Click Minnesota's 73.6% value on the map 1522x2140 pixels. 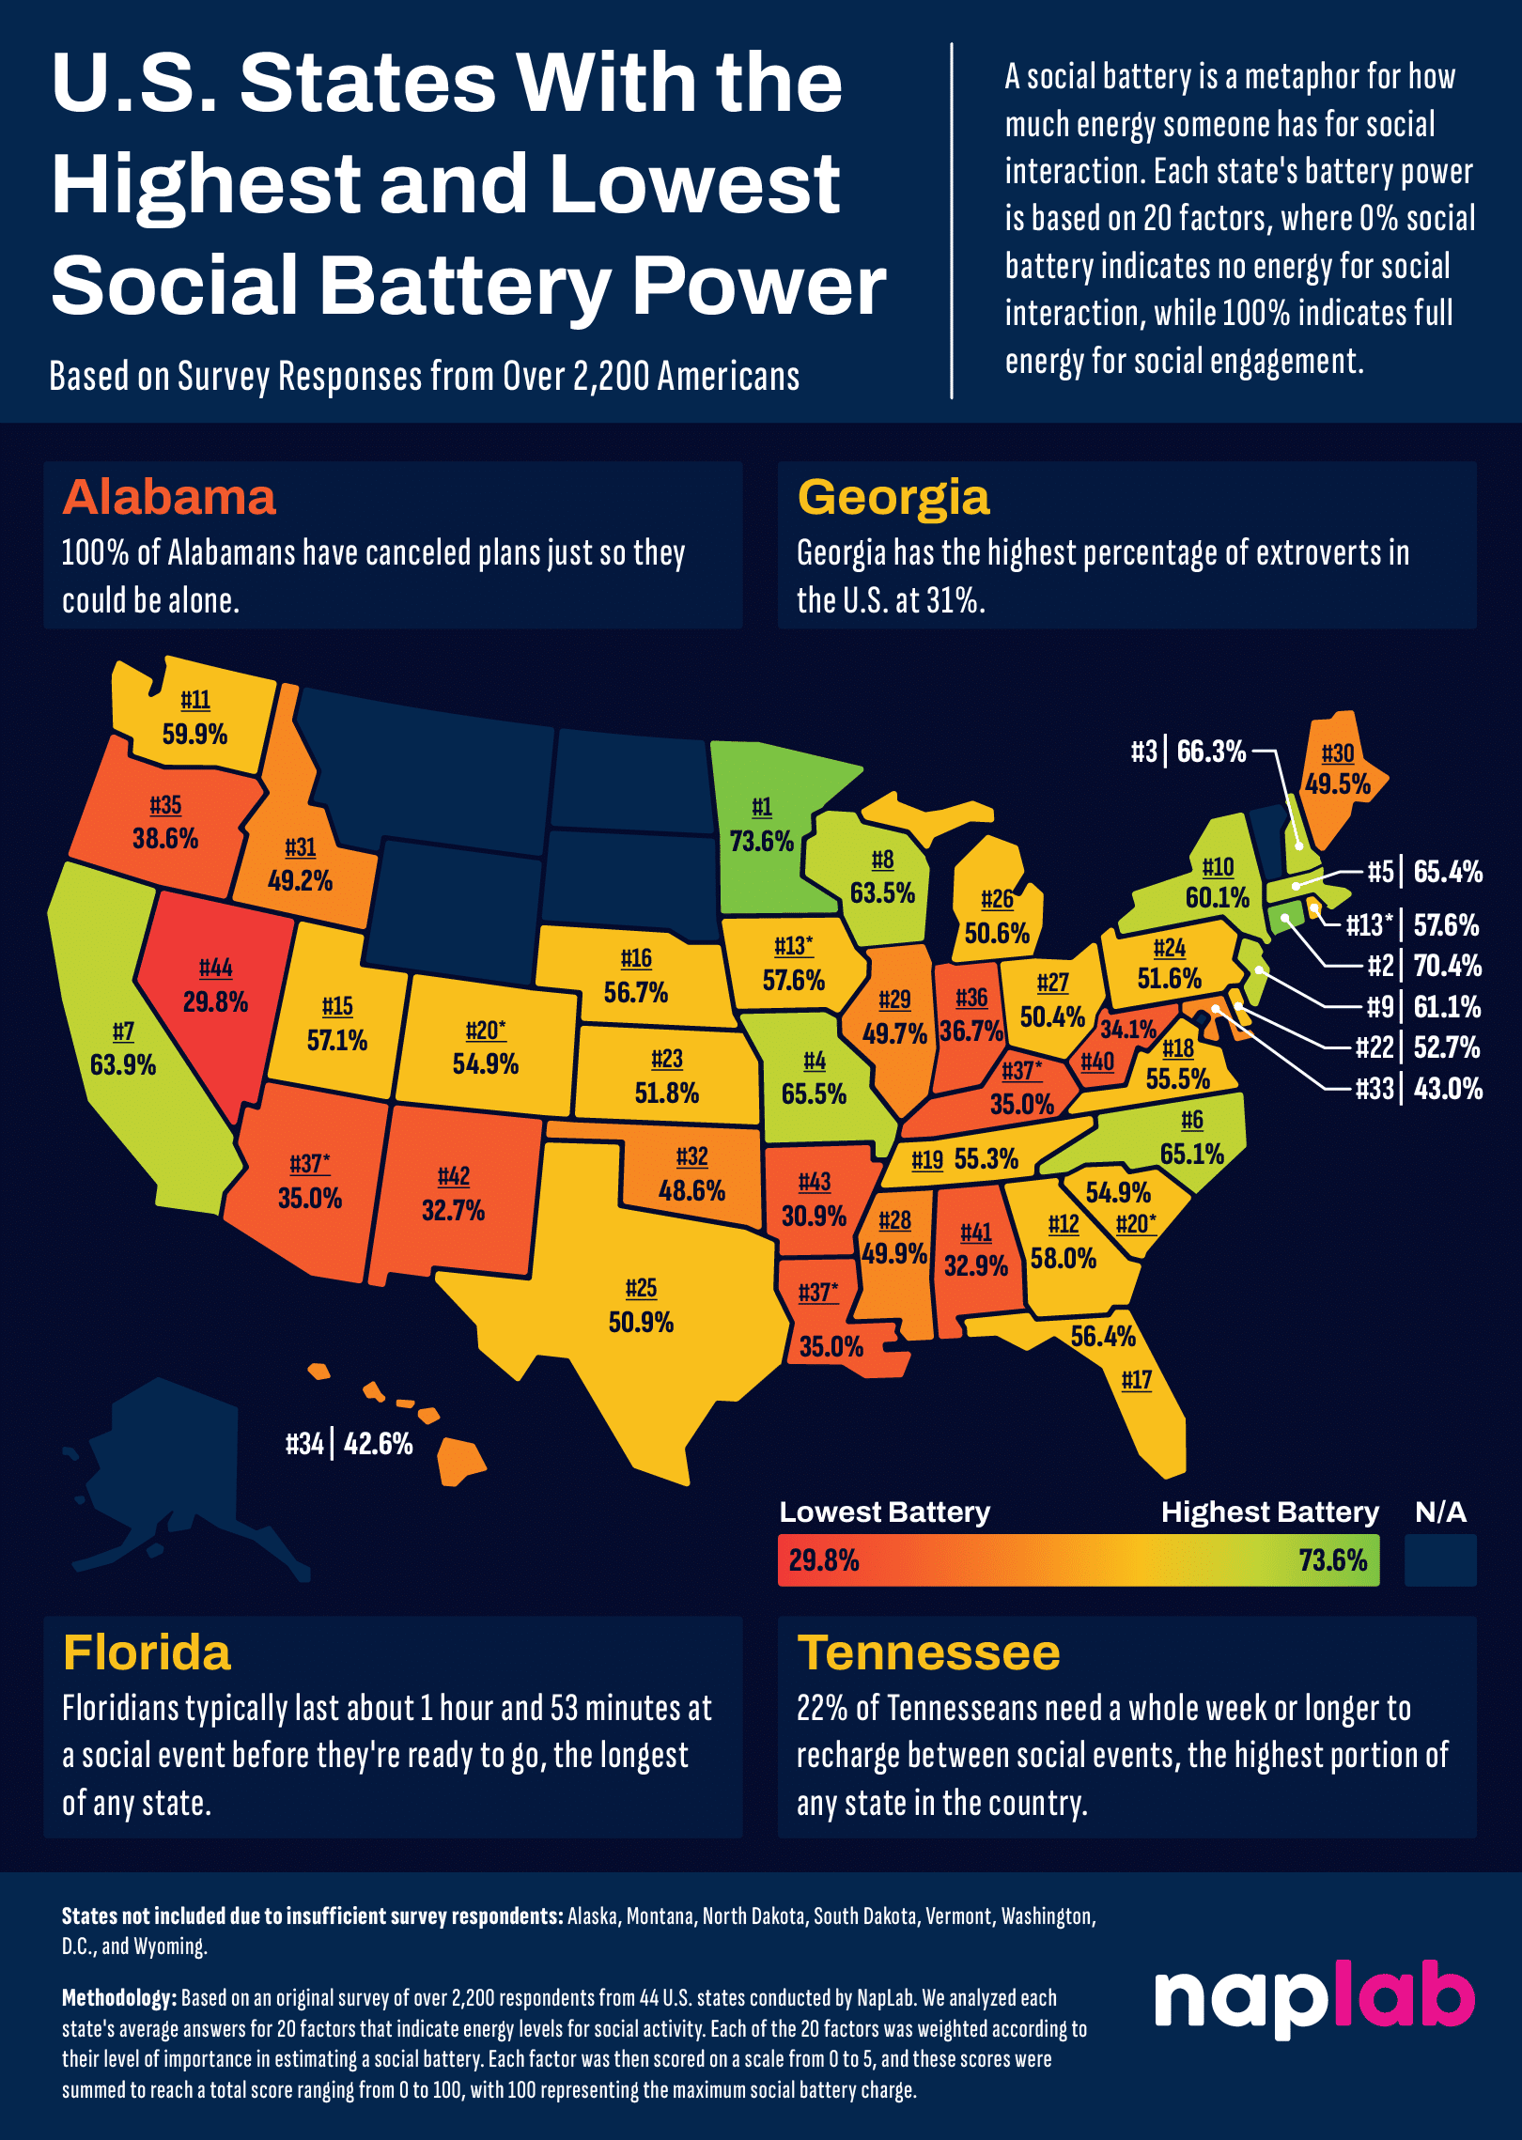pyautogui.click(x=761, y=841)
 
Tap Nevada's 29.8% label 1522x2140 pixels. pyautogui.click(x=215, y=1001)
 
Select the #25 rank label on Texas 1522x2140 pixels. pyautogui.click(x=641, y=1288)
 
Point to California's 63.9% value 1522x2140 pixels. pyautogui.click(x=123, y=1064)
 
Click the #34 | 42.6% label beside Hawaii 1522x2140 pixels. pyautogui.click(x=349, y=1444)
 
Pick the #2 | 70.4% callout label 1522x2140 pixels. pyautogui.click(x=1423, y=966)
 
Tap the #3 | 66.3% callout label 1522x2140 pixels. pyautogui.click(x=1188, y=752)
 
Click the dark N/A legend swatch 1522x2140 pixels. pyautogui.click(x=1439, y=1560)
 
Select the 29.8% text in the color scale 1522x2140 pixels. pyautogui.click(x=824, y=1560)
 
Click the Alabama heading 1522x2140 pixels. pyautogui.click(x=169, y=498)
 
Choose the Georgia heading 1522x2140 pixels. pyautogui.click(x=893, y=498)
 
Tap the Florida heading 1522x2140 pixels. pyautogui.click(x=147, y=1653)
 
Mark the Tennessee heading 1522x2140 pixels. pyautogui.click(x=928, y=1653)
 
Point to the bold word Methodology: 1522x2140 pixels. pyautogui.click(x=118, y=1998)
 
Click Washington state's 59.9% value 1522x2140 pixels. pyautogui.click(x=194, y=734)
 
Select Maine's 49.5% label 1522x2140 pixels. pyautogui.click(x=1337, y=784)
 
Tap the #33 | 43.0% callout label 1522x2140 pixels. pyautogui.click(x=1419, y=1089)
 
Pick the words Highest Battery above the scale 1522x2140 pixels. pyautogui.click(x=1269, y=1512)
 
